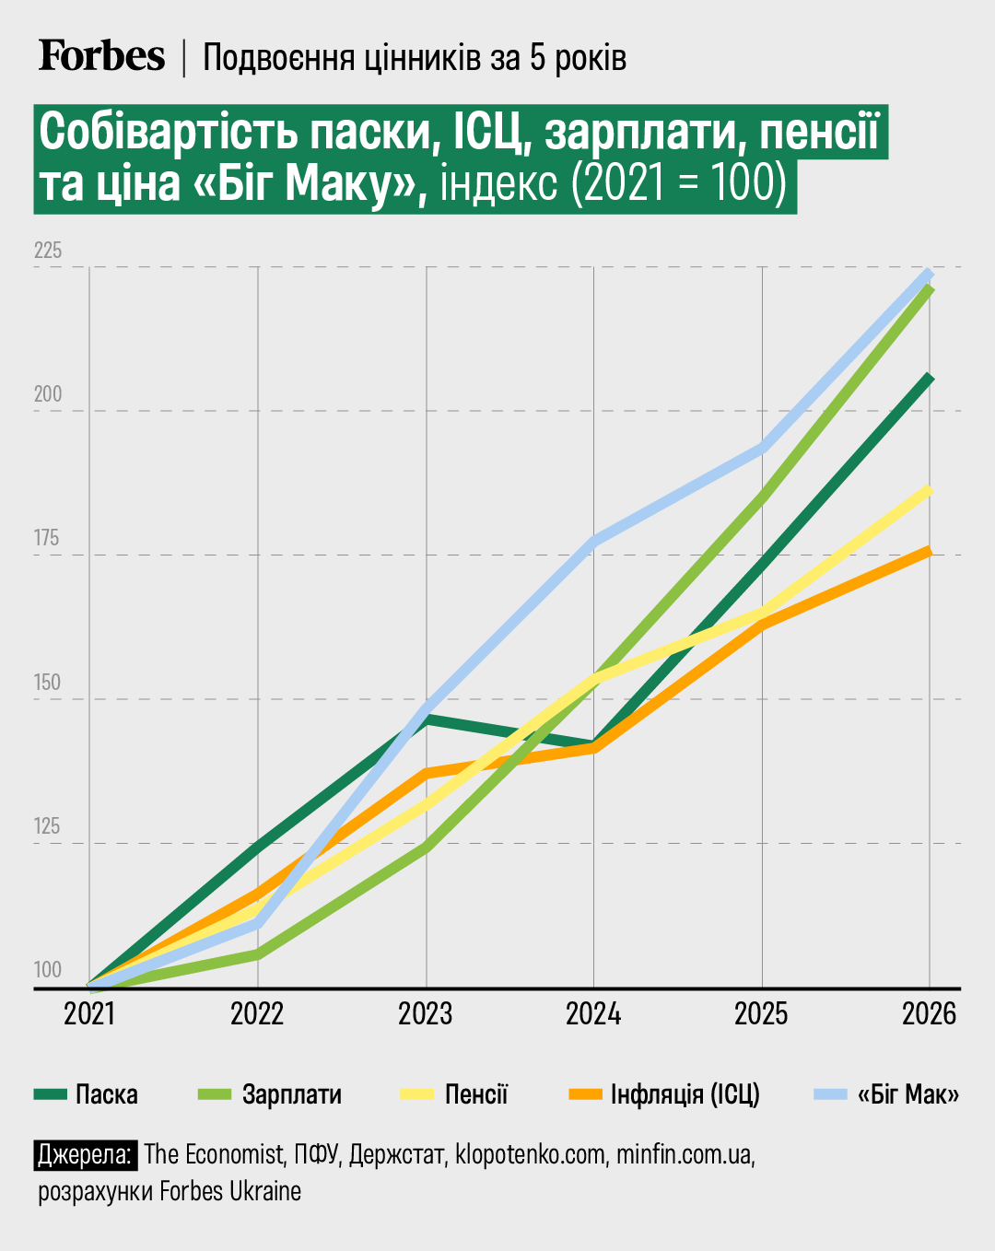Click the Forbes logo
[x=101, y=56]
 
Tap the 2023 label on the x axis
[x=426, y=1014]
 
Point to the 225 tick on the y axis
[x=47, y=251]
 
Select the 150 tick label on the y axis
[x=47, y=683]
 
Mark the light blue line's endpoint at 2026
[x=930, y=273]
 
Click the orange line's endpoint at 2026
[x=930, y=551]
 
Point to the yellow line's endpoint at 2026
[x=930, y=490]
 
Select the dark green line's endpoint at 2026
[x=930, y=378]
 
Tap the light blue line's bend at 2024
[x=594, y=541]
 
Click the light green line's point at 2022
[x=258, y=955]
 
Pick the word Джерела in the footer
[x=86, y=1154]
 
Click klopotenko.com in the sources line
[x=530, y=1154]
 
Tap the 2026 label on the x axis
[x=929, y=1014]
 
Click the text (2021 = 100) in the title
[x=679, y=182]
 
